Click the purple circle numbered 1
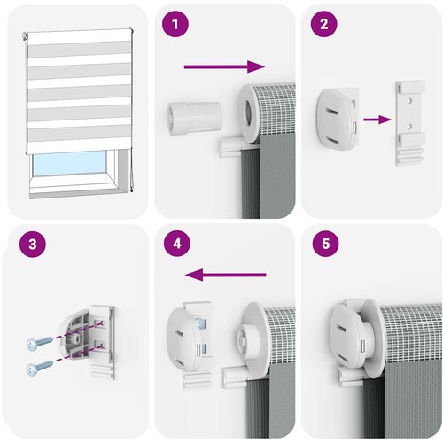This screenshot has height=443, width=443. click(175, 24)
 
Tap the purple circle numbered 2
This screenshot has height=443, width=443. click(324, 24)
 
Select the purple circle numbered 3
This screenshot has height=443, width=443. click(33, 244)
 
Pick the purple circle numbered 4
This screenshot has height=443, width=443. click(177, 244)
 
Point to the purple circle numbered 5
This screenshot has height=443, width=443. click(325, 244)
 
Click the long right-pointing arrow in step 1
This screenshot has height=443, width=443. click(224, 66)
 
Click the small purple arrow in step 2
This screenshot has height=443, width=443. click(377, 120)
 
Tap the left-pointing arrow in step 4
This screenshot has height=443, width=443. click(226, 275)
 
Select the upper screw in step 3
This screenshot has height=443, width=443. click(39, 344)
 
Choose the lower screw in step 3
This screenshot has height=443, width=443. click(39, 368)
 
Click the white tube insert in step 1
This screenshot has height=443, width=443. click(195, 118)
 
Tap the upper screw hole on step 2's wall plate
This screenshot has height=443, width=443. click(409, 101)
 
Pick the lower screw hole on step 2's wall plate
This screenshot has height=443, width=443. click(409, 126)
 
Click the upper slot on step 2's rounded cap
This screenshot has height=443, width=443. click(332, 113)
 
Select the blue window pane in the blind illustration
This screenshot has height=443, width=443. click(70, 164)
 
